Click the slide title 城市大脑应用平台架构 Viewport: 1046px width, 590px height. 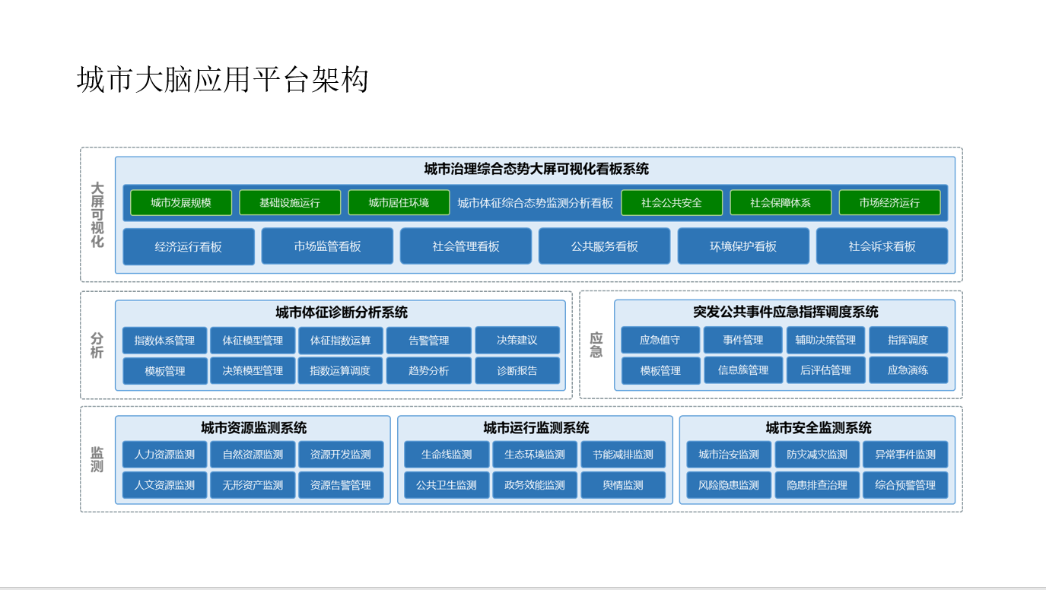coord(223,80)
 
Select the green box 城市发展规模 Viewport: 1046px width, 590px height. coord(181,202)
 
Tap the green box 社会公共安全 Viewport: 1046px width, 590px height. coord(672,202)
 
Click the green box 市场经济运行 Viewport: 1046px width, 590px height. coord(889,202)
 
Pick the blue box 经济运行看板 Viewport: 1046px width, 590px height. coord(188,246)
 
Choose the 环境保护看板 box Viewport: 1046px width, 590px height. coord(743,246)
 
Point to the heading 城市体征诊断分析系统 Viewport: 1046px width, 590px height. coord(342,312)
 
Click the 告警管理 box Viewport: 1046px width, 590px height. coord(429,341)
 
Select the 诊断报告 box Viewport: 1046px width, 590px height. coord(517,370)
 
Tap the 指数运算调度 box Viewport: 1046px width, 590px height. coord(340,370)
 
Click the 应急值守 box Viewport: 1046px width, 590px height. coord(660,340)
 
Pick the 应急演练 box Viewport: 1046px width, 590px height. coord(908,370)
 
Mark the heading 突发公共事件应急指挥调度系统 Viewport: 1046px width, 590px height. coord(785,312)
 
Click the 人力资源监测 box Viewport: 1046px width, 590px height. coord(164,454)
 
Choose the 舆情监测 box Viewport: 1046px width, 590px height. coord(623,485)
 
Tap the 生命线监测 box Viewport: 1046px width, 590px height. coord(447,454)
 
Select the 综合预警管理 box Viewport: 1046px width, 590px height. coord(905,485)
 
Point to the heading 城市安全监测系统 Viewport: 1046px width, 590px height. coord(818,427)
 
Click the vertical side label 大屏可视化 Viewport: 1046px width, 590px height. coord(97,214)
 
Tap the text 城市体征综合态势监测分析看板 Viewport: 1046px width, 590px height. coord(535,203)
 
